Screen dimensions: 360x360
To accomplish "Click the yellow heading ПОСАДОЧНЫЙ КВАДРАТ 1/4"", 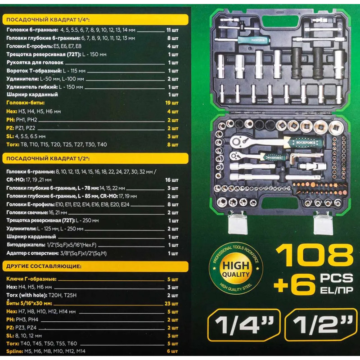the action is pos(48,20).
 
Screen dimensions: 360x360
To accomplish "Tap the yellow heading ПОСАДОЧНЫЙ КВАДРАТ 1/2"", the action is pos(48,159).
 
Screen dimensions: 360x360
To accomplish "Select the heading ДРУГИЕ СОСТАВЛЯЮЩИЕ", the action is pos(44,266).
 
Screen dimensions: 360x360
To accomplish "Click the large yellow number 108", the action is pos(315,255).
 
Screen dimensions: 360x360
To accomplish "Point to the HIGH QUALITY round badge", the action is pos(236,269).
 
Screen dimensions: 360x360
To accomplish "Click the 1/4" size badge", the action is pos(244,325).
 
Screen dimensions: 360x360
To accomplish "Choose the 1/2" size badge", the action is pos(321,325).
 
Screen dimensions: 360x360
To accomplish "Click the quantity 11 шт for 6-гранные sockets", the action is pos(172,30).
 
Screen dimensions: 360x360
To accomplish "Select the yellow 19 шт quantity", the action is pos(172,103).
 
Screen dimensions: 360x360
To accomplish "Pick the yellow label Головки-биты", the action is pos(26,103).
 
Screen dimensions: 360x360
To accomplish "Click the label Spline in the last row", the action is pos(15,351).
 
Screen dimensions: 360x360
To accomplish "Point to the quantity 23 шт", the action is pos(171,303).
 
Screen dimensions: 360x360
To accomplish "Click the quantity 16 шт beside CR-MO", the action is pos(172,180).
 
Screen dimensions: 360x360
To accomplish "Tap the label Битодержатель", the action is pos(26,245).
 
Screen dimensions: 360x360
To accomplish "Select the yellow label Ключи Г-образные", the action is pos(31,279).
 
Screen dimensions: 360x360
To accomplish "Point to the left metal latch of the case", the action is pos(238,223).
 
